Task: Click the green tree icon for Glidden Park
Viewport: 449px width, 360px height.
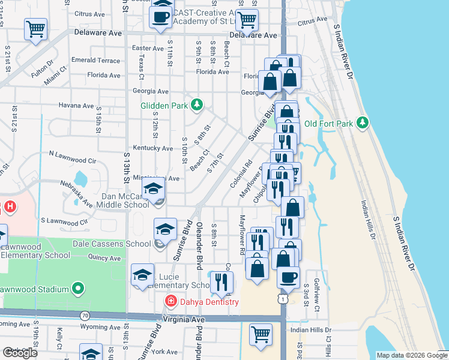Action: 196,106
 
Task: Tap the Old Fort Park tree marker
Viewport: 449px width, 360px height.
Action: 361,123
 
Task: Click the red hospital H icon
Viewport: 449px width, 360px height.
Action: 9,208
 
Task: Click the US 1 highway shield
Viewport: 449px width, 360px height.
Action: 282,299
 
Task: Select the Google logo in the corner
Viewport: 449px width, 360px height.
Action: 20,353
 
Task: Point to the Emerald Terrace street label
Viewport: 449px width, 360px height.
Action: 95,61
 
